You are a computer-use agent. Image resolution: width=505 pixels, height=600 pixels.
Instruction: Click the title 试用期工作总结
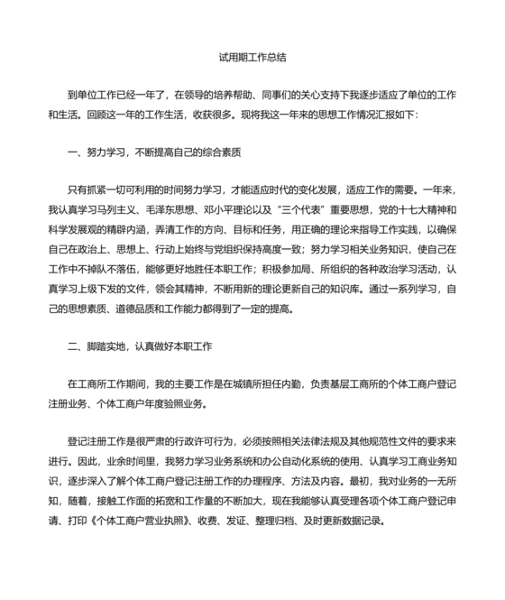click(252, 57)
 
